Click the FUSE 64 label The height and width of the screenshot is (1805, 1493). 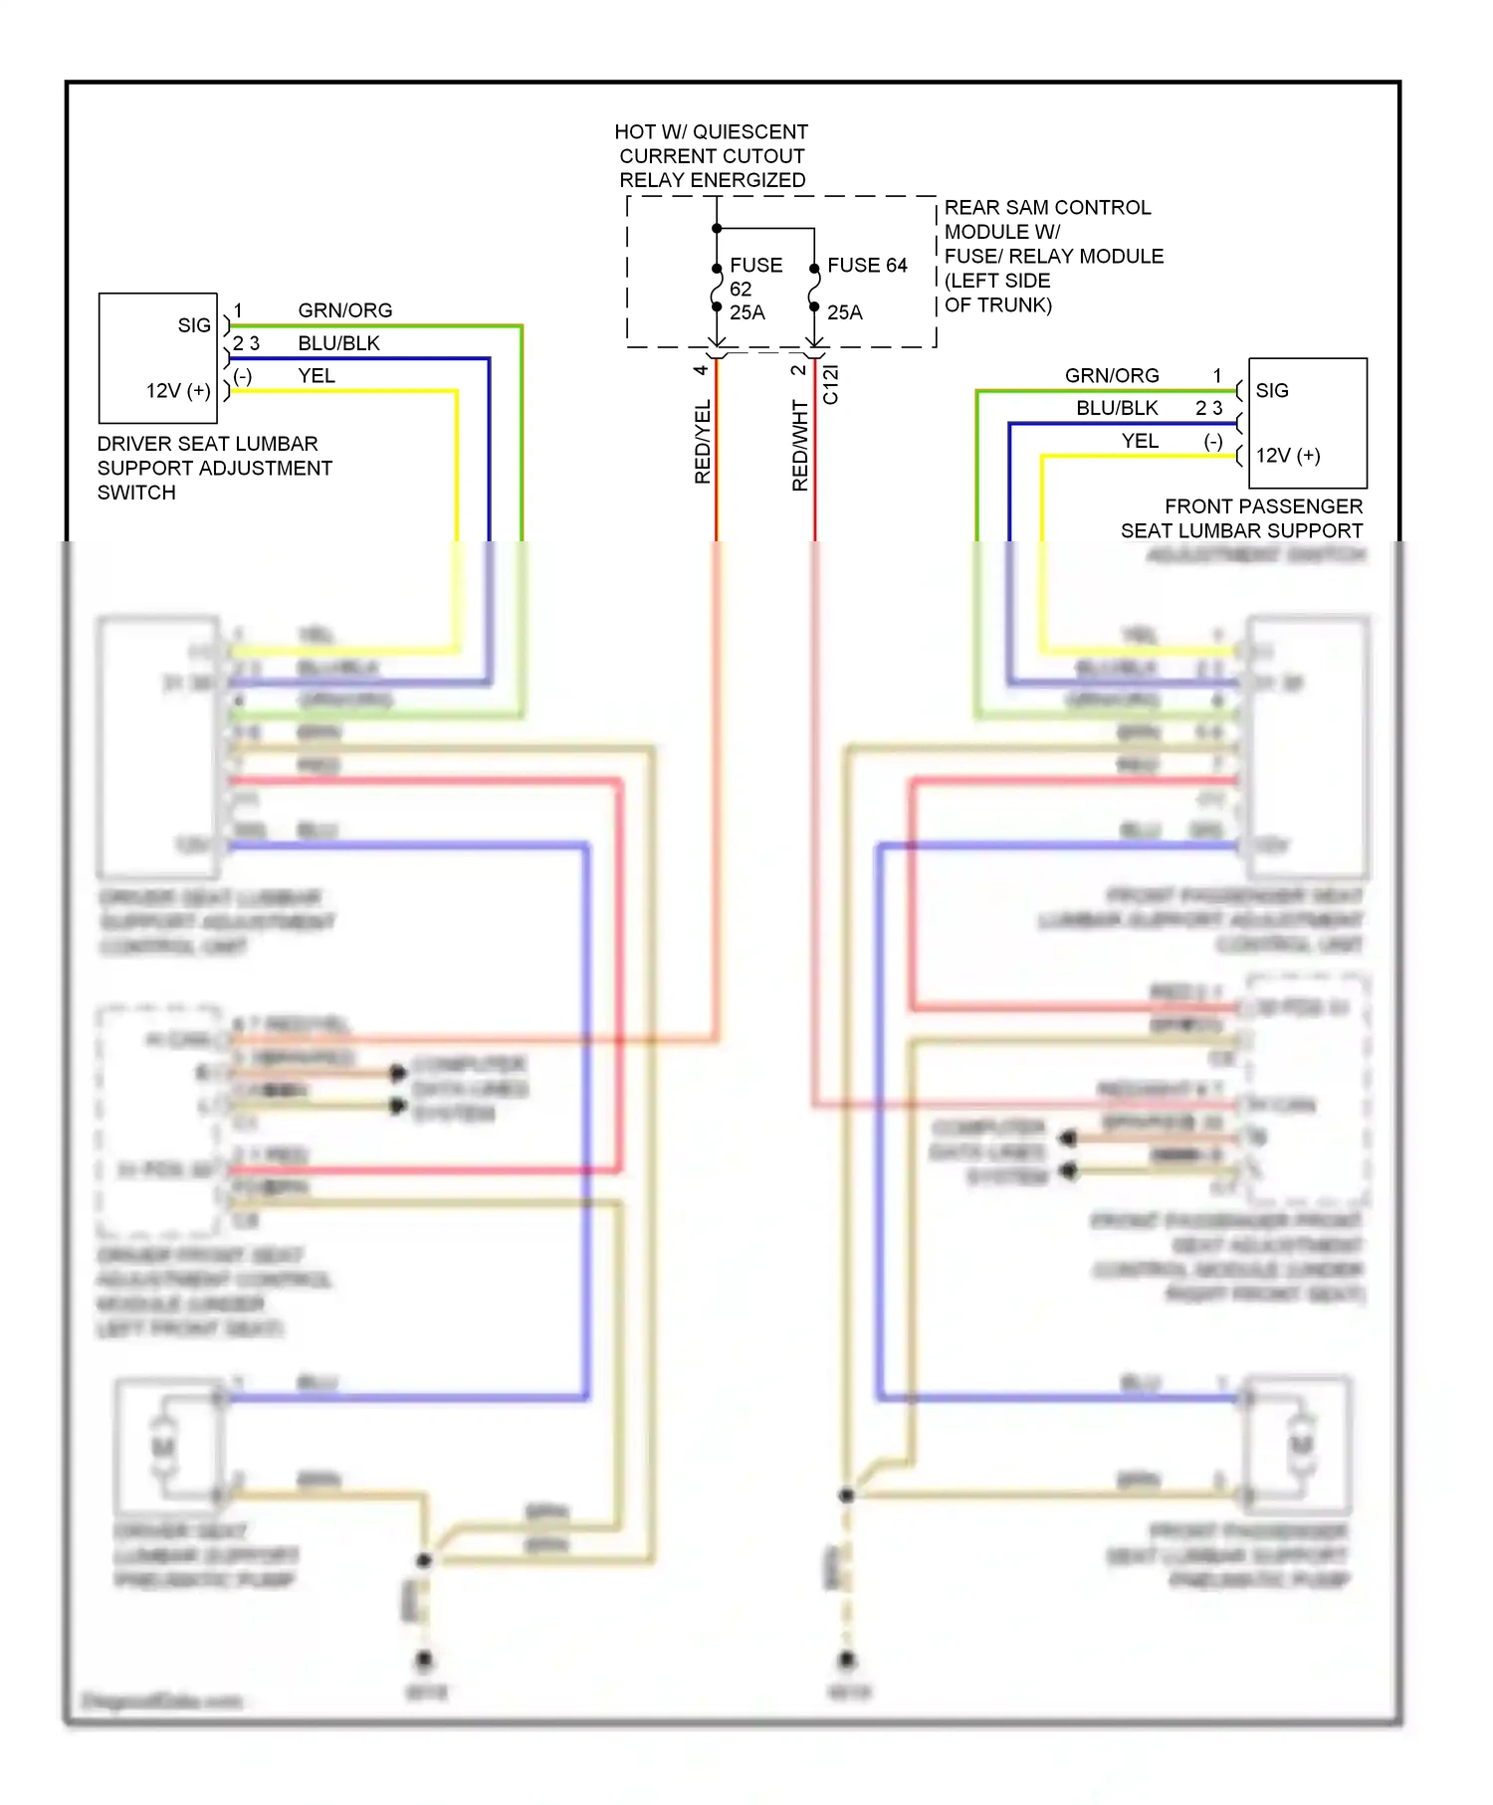click(867, 266)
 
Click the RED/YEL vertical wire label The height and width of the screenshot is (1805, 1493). click(703, 442)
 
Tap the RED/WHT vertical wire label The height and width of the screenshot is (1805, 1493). click(800, 445)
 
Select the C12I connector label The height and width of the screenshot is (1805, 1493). click(831, 384)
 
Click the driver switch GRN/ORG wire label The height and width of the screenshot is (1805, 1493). click(344, 310)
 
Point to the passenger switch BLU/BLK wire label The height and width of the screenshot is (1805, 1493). click(1117, 408)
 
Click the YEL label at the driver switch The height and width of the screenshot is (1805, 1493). click(317, 376)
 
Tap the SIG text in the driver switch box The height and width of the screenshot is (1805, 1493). click(194, 325)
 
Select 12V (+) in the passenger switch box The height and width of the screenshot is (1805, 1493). click(1288, 456)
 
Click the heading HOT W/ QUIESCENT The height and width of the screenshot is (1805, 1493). click(711, 132)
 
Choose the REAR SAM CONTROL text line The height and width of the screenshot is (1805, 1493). click(1047, 208)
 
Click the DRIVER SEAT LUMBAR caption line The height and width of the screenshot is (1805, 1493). click(207, 444)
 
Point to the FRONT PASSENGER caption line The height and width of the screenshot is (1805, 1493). click(1263, 506)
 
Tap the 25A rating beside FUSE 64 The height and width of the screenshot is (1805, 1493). click(845, 312)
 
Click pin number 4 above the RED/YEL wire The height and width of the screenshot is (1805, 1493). click(701, 370)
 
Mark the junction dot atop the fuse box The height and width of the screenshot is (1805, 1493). click(717, 229)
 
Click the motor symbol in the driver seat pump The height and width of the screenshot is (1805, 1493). click(163, 1446)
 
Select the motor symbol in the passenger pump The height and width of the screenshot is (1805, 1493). click(1300, 1445)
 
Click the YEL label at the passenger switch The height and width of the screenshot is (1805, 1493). click(1140, 441)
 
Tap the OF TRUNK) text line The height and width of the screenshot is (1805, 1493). click(997, 304)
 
